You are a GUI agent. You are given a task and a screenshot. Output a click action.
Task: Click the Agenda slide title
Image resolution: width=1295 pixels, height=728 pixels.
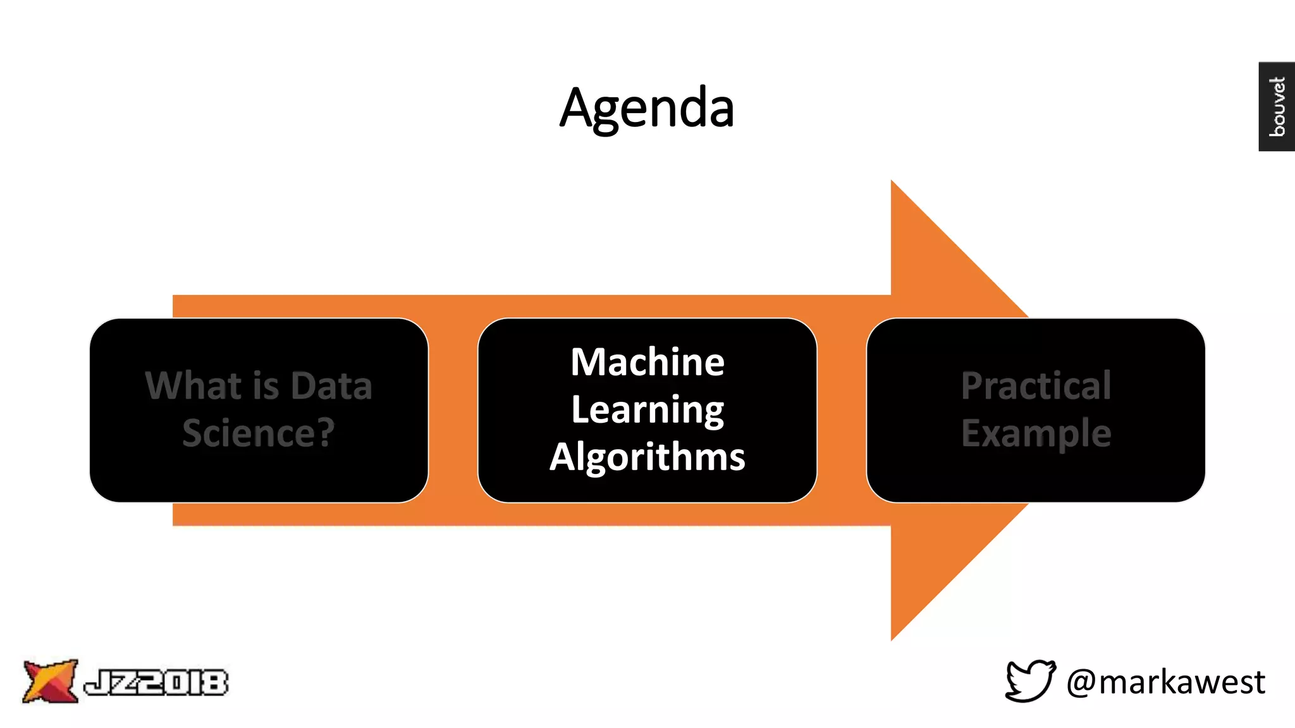pos(647,108)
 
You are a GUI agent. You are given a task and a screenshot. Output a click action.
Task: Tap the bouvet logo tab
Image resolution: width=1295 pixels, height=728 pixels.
pos(1276,106)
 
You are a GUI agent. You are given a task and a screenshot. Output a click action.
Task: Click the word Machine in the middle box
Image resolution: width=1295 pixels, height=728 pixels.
pos(647,362)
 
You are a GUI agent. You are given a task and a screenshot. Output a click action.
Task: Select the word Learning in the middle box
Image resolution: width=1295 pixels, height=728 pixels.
pos(647,410)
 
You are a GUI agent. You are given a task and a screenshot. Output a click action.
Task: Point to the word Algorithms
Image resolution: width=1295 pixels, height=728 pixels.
pos(647,457)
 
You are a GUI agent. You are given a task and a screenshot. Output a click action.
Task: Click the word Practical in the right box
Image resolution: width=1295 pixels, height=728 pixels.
pos(1036,385)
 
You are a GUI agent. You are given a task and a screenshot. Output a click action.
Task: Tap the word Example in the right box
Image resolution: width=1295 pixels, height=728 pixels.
pos(1036,434)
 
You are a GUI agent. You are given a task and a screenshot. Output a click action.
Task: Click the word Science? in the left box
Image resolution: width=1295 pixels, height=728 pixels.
pos(258,434)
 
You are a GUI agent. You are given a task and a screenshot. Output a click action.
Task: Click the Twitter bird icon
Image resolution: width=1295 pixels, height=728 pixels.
pos(1030,681)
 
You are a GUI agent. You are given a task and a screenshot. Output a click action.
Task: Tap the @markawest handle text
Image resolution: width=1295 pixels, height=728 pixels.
pos(1165,682)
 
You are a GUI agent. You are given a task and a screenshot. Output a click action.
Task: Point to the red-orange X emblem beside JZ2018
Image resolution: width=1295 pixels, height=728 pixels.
pos(49,681)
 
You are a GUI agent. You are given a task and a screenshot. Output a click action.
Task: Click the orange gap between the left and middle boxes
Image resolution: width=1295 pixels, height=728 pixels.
pos(453,410)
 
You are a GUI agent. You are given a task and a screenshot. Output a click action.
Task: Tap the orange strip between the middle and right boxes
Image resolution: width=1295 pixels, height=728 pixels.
pos(842,410)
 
